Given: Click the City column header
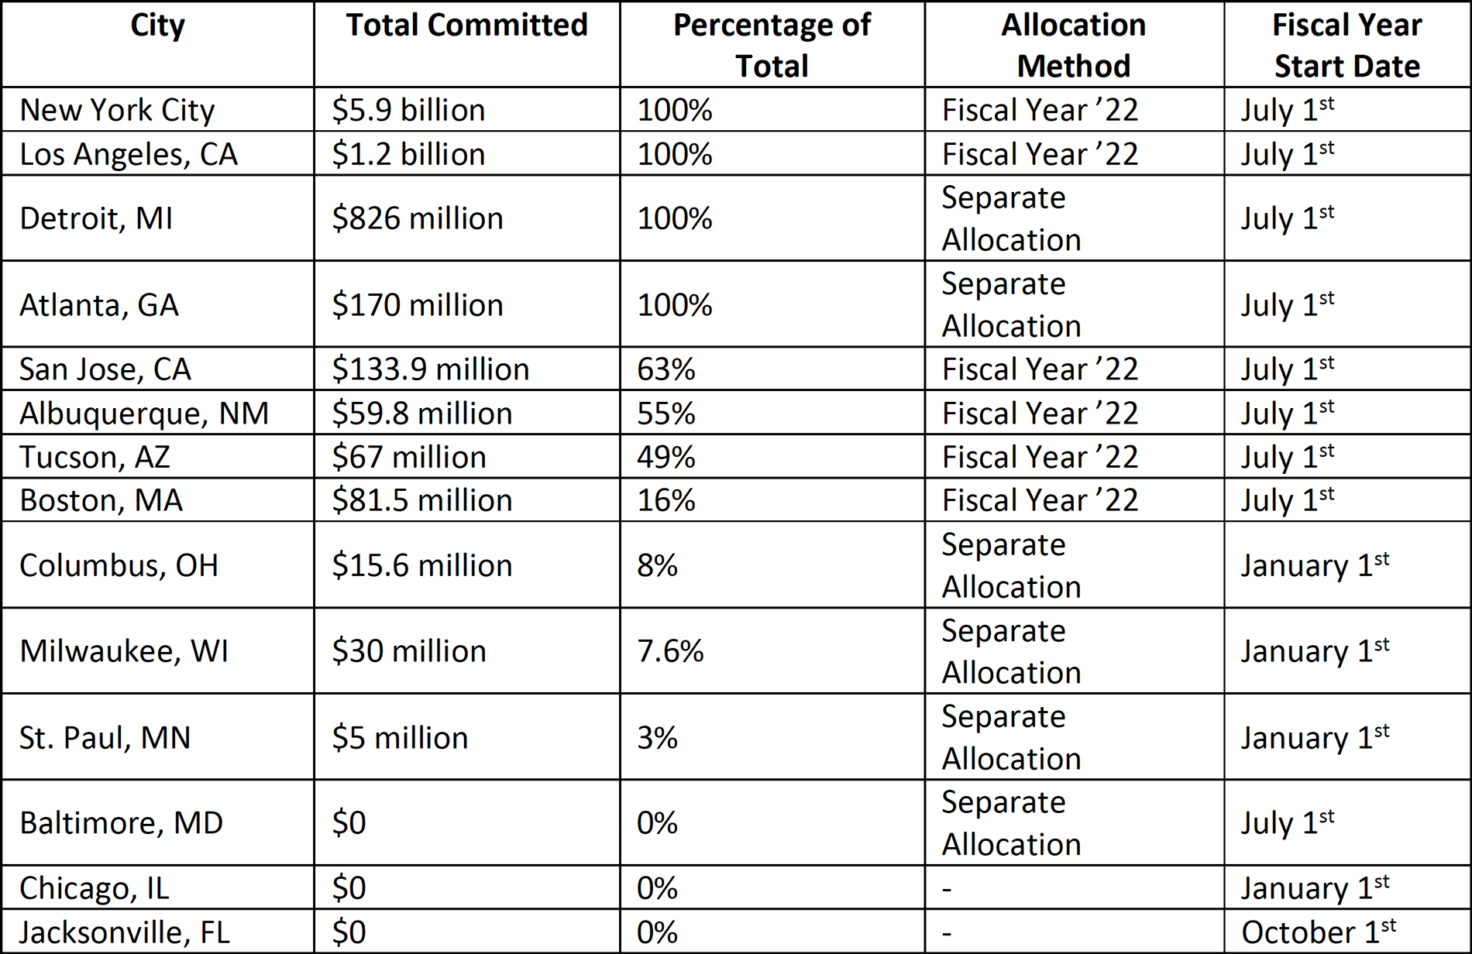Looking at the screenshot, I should tap(157, 26).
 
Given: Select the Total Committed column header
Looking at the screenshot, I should tap(466, 26).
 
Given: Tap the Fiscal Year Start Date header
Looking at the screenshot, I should tap(1346, 45).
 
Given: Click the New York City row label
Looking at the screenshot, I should tap(117, 110).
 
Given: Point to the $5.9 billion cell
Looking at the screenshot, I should tap(408, 110).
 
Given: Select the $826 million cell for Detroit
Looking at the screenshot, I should tap(417, 218).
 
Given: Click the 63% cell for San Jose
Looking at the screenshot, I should tap(665, 369).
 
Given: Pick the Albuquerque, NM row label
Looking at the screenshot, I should tap(144, 414).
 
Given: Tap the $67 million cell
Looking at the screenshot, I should tap(408, 457).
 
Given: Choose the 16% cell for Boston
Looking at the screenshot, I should tap(665, 500).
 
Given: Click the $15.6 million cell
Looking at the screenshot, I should tap(421, 565).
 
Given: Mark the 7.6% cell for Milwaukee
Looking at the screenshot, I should tap(670, 651).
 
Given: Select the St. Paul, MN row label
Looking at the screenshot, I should tap(105, 737).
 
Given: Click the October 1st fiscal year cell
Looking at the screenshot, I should tap(1318, 932).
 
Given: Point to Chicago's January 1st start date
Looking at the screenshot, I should tap(1315, 887).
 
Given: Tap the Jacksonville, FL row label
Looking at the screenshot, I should tap(125, 932).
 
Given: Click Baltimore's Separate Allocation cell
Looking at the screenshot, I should tap(1010, 823).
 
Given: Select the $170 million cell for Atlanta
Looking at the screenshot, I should tap(417, 305).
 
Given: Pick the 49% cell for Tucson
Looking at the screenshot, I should tap(665, 457).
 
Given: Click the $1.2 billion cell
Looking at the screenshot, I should tap(408, 154).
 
